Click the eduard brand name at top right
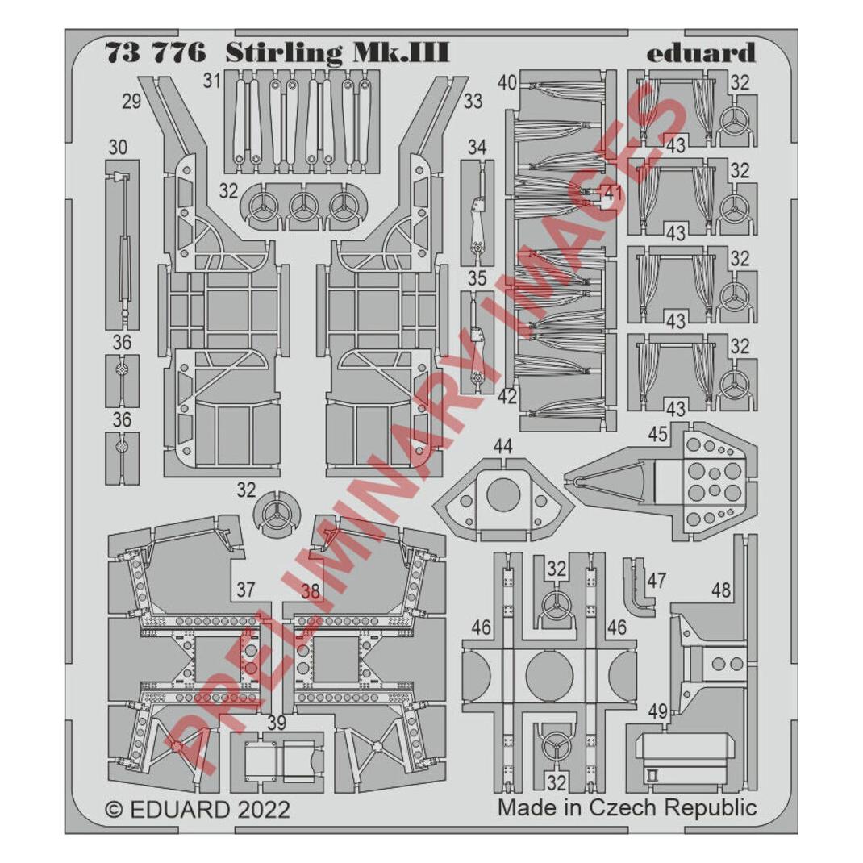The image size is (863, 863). tap(701, 53)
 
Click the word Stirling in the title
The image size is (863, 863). tap(283, 54)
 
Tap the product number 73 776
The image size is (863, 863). tap(155, 53)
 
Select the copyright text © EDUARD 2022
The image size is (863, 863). tap(197, 810)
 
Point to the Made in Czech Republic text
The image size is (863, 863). tap(627, 807)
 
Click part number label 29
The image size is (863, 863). tap(131, 102)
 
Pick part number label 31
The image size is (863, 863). tap(211, 81)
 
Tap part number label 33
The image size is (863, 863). tap(473, 101)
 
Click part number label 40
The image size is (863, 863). tap(507, 82)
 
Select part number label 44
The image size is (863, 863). tap(502, 446)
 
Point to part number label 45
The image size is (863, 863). tap(657, 434)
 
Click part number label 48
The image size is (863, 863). tap(720, 590)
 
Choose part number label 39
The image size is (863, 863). tap(277, 723)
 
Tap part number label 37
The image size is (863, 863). tap(245, 590)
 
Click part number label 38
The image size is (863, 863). tap(311, 591)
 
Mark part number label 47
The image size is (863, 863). tap(657, 580)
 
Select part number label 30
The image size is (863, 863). tap(118, 148)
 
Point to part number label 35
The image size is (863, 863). tap(477, 278)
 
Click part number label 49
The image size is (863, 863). tap(657, 711)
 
